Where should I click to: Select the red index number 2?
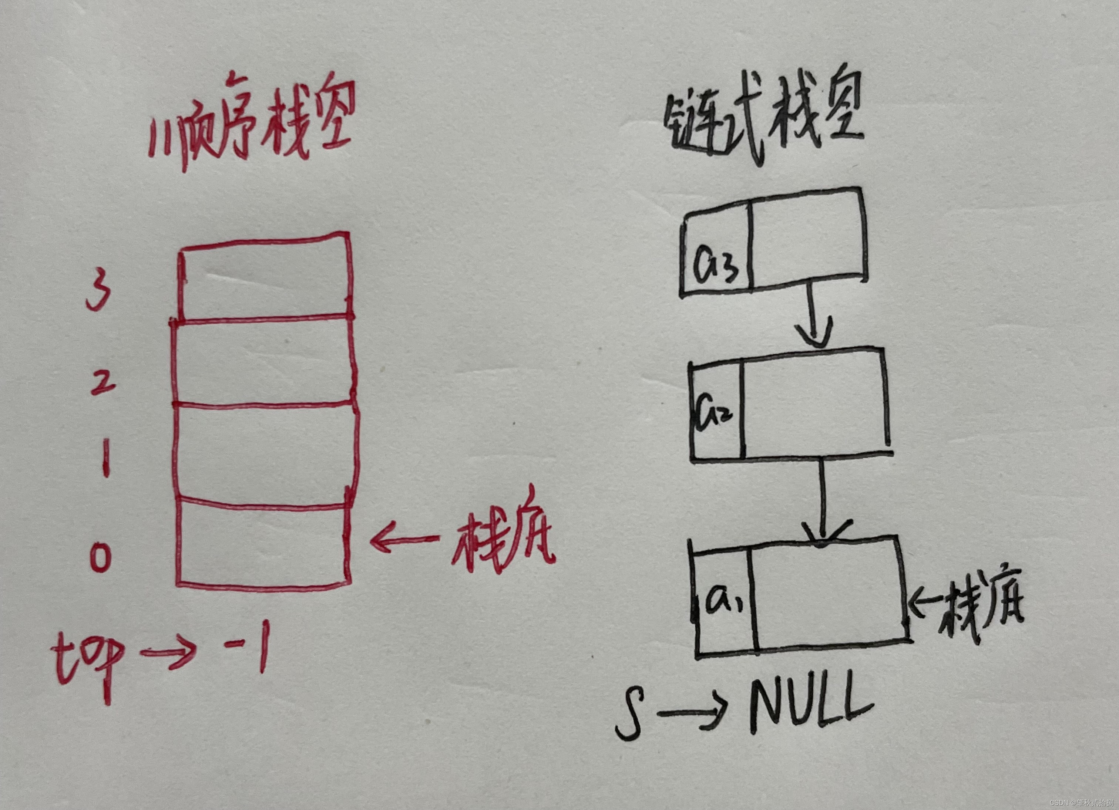click(102, 382)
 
